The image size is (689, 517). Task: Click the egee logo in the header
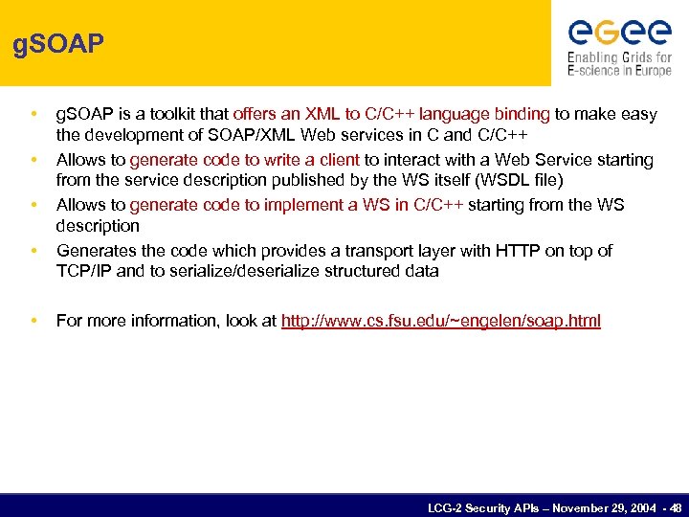pos(620,33)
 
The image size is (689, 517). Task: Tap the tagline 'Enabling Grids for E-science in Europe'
pos(620,64)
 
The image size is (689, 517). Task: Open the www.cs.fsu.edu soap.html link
pos(441,321)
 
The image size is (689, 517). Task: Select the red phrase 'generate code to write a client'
pos(245,160)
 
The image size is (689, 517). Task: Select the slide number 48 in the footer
pos(676,506)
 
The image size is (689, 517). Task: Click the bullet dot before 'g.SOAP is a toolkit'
pos(33,114)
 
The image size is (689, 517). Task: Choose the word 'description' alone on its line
pos(98,226)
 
